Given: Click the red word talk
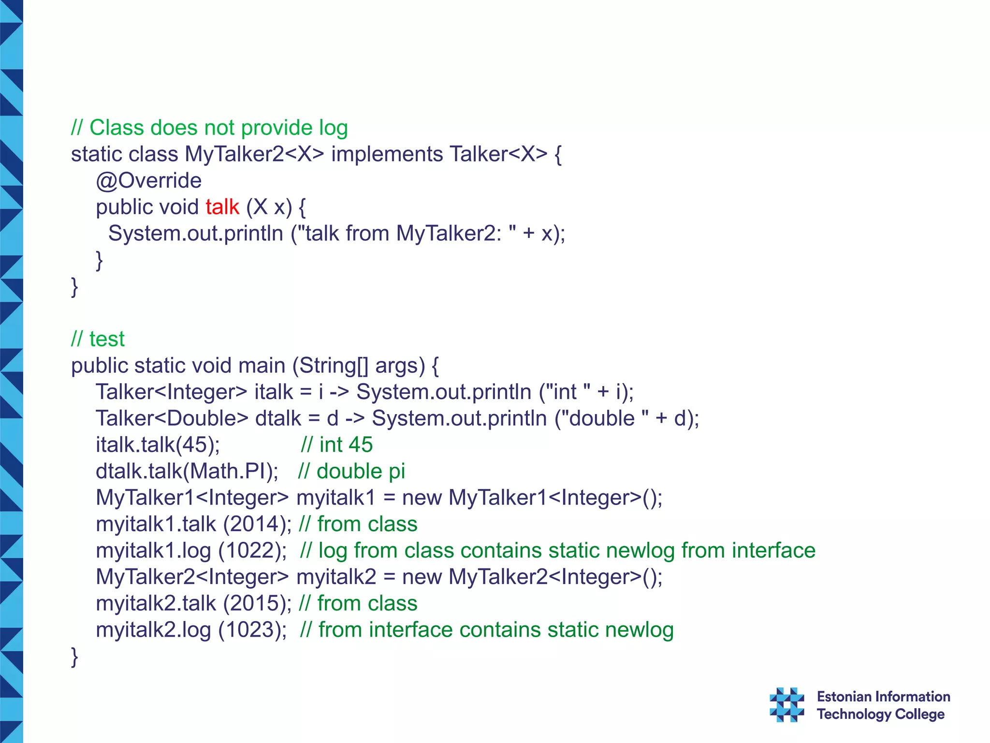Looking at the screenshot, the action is point(222,207).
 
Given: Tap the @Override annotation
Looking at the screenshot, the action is point(148,181).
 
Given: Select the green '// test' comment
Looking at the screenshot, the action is point(98,339).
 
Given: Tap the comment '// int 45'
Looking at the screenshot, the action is point(336,445).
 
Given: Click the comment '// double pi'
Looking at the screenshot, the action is point(351,472).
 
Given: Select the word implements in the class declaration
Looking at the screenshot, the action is point(387,155).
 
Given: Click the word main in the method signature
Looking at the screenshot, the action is point(262,366).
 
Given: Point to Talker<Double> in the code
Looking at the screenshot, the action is point(172,418).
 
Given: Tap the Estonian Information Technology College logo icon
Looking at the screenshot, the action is point(786,705).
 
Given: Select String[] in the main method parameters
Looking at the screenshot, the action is point(334,366).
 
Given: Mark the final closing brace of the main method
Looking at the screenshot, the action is point(74,656).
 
